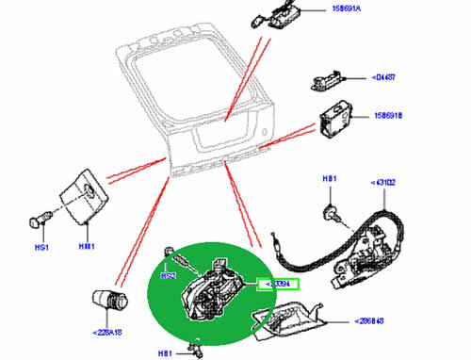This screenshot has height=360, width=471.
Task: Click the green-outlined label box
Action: click(x=278, y=283)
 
